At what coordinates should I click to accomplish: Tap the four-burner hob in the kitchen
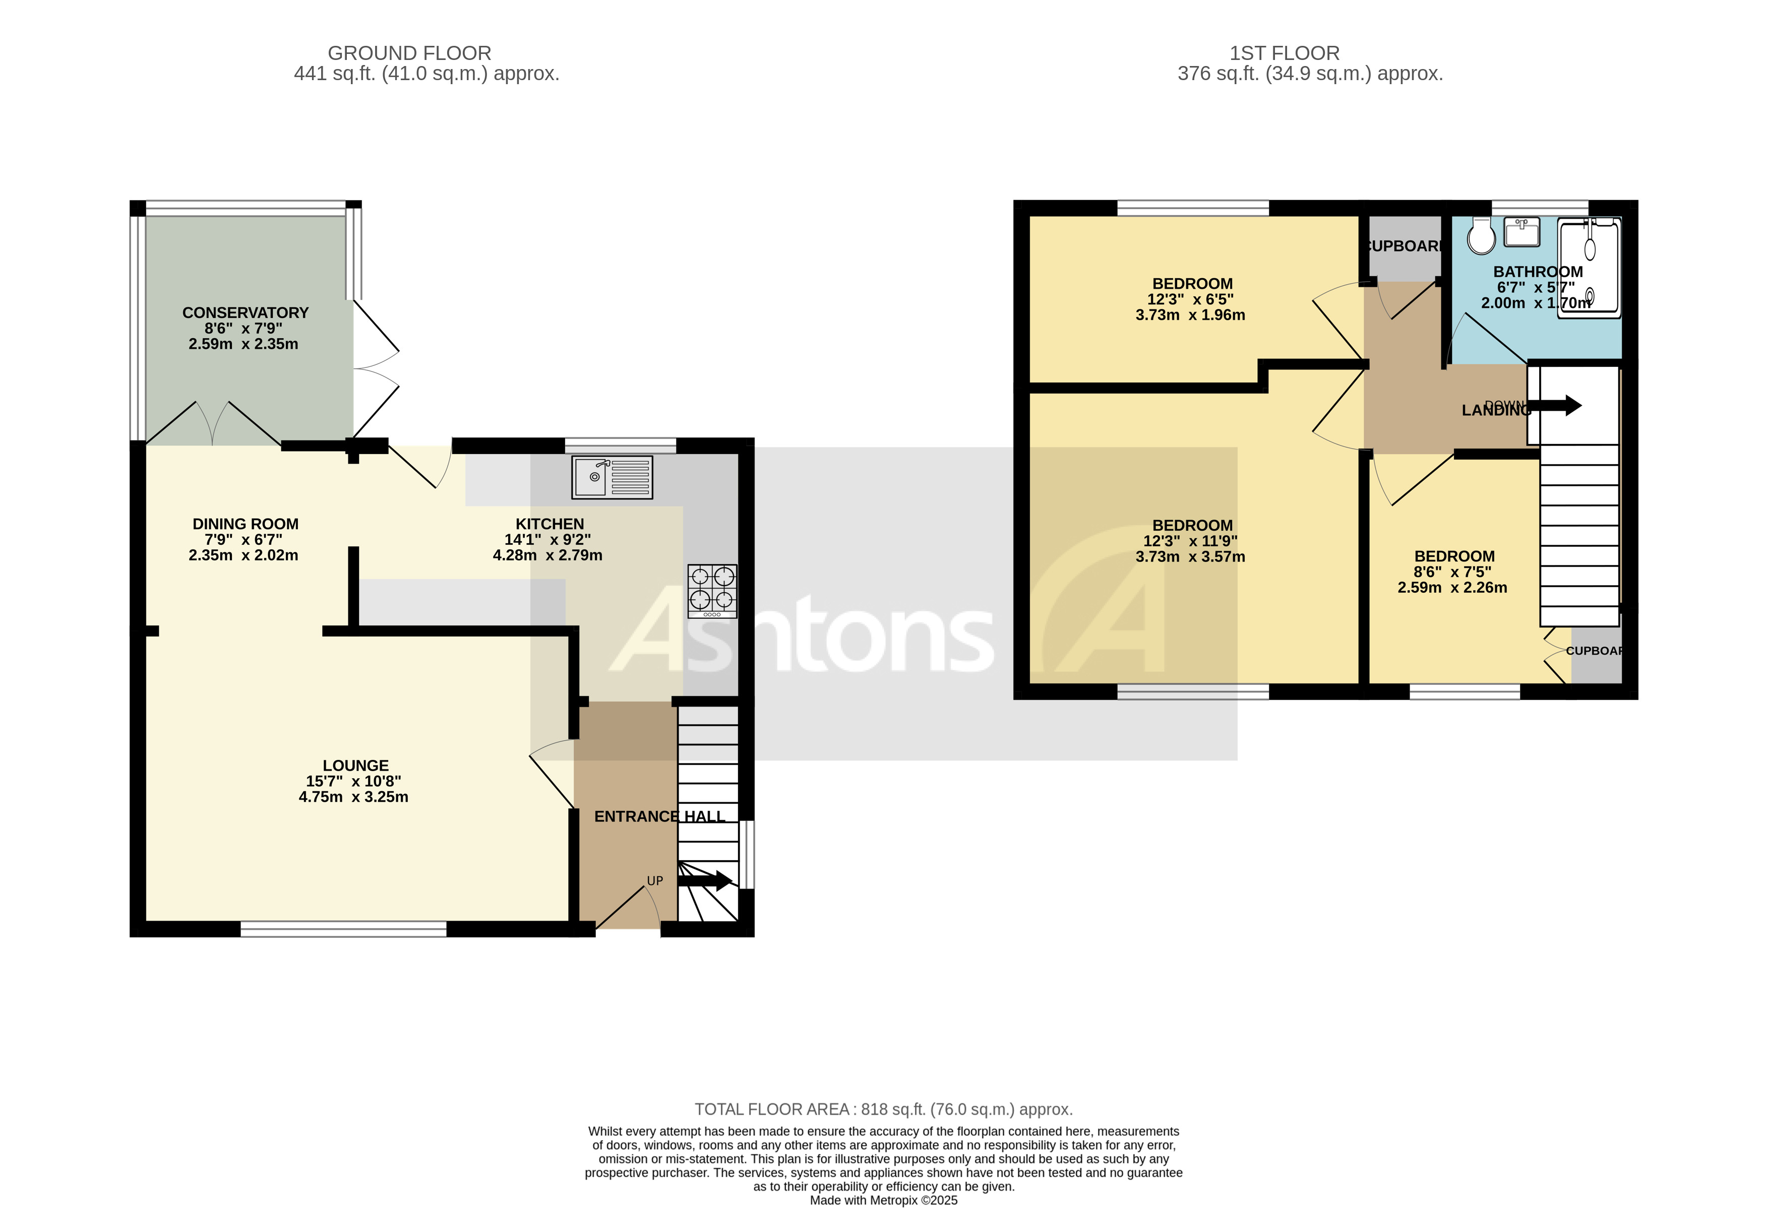712,590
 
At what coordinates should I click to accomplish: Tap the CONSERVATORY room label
245,312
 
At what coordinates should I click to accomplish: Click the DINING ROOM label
245,524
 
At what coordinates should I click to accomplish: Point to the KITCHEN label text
550,524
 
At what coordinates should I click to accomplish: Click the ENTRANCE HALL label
659,816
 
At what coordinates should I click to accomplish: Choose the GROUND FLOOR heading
409,53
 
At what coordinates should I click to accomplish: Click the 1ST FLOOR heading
1284,53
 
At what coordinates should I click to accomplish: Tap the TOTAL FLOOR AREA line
883,1109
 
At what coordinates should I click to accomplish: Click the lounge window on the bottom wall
343,929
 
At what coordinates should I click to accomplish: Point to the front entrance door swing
628,905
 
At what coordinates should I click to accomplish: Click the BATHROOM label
1538,272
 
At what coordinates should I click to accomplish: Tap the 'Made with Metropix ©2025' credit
883,1200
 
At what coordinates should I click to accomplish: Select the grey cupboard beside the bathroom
1405,247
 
